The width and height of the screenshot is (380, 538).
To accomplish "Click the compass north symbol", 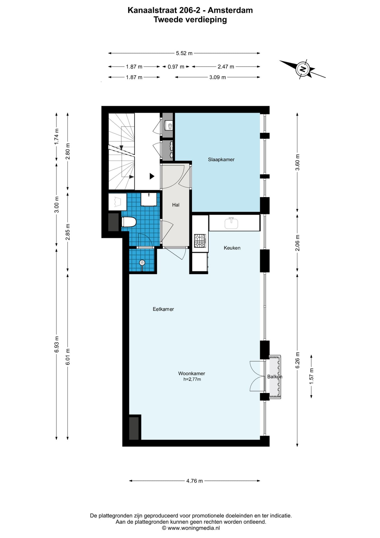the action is tap(302, 69).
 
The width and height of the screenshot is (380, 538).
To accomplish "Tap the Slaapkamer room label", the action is tap(221, 159).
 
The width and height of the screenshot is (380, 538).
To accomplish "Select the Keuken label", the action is tap(232, 248).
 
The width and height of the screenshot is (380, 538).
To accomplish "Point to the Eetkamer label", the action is tap(163, 309).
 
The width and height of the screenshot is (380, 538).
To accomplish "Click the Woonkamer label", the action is tap(192, 373).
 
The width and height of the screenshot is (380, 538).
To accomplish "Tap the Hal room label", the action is tap(176, 205).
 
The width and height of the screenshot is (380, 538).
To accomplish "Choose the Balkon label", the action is tap(275, 377).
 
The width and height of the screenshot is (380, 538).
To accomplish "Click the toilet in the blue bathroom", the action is tap(129, 222).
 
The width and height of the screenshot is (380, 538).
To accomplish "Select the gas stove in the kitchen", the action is tap(200, 241).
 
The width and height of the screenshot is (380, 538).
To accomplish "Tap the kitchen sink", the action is tap(231, 223).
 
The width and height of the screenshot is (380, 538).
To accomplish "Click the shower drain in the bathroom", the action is tap(142, 263).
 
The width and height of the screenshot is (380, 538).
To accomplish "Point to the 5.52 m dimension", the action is tap(184, 53).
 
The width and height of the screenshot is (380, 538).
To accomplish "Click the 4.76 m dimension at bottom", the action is tap(194, 481).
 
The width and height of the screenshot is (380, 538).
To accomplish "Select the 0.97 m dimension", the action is tap(176, 67).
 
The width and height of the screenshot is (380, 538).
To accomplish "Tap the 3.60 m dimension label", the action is tap(297, 162).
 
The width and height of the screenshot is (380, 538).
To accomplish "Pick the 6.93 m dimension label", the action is tap(57, 344).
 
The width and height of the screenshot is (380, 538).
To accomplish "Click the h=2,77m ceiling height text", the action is tap(192, 379).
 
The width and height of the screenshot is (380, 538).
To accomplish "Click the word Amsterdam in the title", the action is tap(230, 10).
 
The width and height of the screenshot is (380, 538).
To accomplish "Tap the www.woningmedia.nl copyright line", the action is tap(191, 528).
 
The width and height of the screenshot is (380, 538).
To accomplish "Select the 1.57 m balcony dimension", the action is tap(311, 376).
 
